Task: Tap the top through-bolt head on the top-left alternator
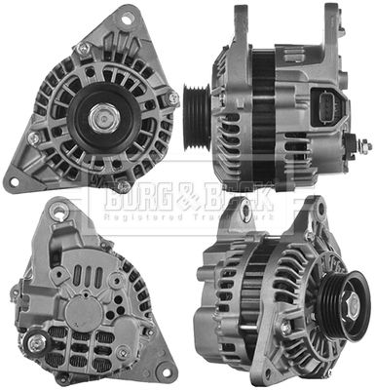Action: [x=85, y=48]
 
